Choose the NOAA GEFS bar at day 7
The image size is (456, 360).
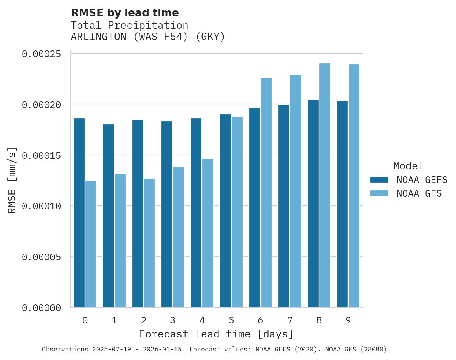(284, 206)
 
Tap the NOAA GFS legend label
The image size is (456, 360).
(419, 193)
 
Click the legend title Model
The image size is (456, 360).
(408, 166)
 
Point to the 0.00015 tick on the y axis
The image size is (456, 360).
(42, 155)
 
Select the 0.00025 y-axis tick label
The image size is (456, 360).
(42, 54)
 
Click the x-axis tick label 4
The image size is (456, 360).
(202, 320)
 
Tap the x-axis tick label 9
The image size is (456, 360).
(348, 320)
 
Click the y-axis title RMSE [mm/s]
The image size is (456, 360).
(12, 180)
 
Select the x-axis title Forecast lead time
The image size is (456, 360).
(216, 334)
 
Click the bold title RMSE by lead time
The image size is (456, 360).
(125, 13)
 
